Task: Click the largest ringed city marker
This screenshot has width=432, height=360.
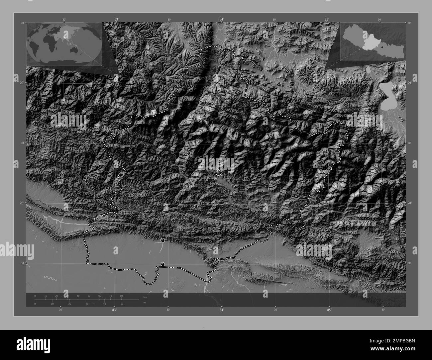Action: [218, 173]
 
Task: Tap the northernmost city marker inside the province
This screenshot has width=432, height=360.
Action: [188, 153]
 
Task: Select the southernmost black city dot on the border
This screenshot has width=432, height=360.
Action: [162, 264]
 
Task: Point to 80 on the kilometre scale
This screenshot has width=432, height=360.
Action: [121, 296]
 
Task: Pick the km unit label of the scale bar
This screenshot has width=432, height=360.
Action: [145, 297]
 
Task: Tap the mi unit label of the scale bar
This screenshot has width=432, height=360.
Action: [145, 302]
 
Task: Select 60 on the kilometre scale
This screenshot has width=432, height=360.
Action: [100, 296]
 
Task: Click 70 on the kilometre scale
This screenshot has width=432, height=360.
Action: [110, 296]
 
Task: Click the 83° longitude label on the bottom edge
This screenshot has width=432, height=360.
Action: [114, 310]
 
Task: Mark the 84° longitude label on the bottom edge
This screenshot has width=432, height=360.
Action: [221, 310]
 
